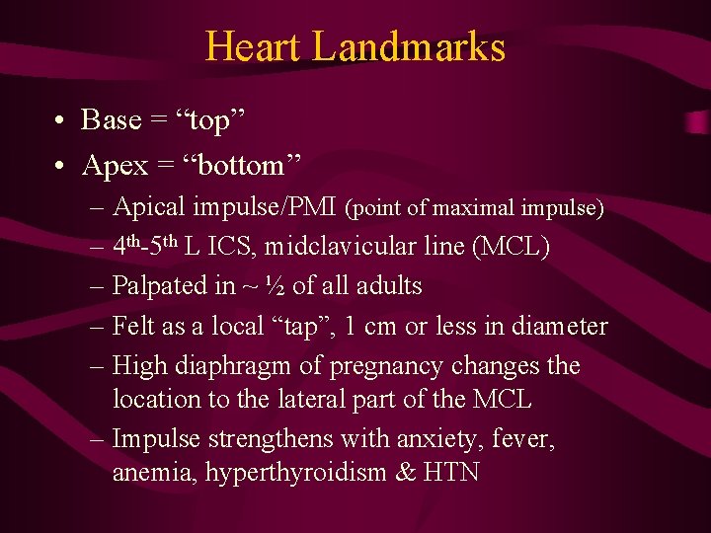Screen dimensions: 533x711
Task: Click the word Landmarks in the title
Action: pyautogui.click(x=408, y=46)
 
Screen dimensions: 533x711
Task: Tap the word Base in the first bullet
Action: pyautogui.click(x=112, y=120)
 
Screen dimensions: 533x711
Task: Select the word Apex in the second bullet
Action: pyautogui.click(x=115, y=166)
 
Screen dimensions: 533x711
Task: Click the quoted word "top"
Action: pyautogui.click(x=209, y=120)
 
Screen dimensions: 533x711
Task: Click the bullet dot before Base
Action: pyautogui.click(x=61, y=120)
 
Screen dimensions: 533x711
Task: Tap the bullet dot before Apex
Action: pyautogui.click(x=61, y=166)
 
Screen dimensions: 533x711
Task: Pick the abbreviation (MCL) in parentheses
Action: pyautogui.click(x=512, y=247)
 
